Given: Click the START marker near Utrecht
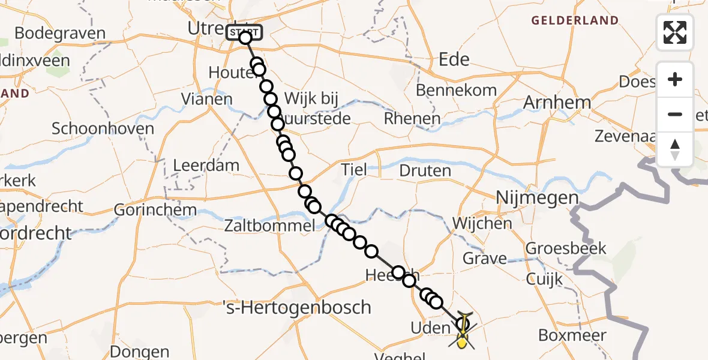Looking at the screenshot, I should [244, 32].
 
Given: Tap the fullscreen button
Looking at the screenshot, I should [675, 32].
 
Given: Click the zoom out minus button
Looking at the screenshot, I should [675, 114].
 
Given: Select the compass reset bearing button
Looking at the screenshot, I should [675, 149].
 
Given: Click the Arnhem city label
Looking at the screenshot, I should [557, 103].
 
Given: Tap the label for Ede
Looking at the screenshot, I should [454, 59].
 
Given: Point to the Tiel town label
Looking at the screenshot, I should [353, 170].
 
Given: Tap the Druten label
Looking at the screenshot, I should [425, 171].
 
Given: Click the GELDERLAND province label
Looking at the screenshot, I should [574, 20].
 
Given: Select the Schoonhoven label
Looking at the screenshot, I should [103, 128].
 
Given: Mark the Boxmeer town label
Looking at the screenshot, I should [572, 335].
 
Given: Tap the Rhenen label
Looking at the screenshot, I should [412, 119].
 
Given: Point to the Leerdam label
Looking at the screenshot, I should [206, 165].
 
